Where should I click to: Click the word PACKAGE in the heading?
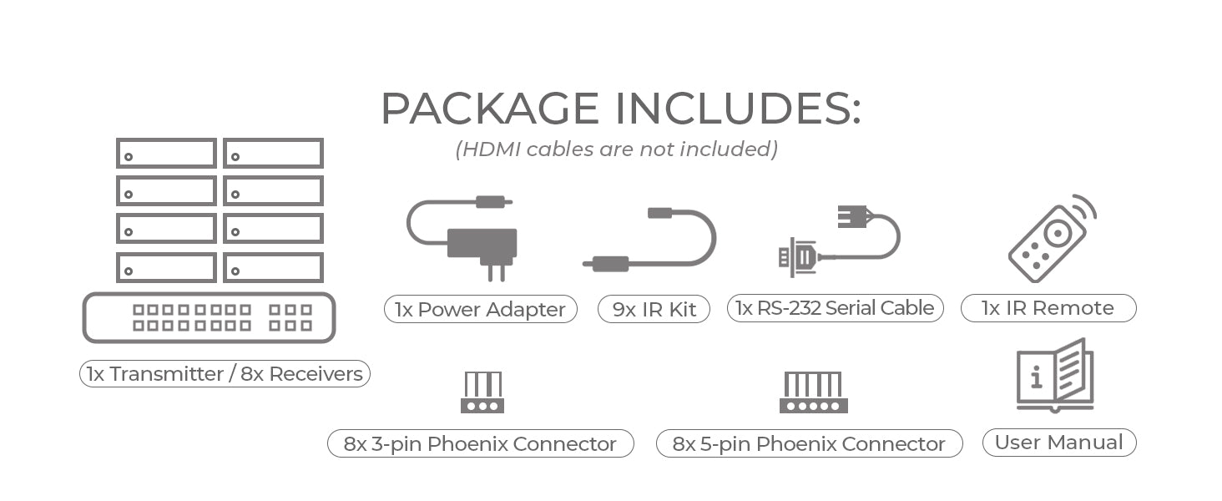coord(490,109)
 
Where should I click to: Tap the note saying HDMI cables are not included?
coord(616,149)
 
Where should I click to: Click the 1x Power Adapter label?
coord(480,309)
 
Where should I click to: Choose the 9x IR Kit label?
coord(654,309)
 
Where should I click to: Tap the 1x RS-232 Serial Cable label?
coord(835,308)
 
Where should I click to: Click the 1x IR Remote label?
coord(1048,308)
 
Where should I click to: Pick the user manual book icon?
coord(1056,375)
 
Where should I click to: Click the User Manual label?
coord(1058,443)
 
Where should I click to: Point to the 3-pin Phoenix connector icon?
coord(482,392)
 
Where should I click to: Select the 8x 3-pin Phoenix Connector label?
coord(480,443)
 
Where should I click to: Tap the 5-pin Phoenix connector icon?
coord(813,392)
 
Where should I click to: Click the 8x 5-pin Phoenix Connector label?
coord(809,443)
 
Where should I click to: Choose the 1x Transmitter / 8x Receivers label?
coord(225,374)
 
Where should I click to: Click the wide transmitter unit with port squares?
coord(209,317)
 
